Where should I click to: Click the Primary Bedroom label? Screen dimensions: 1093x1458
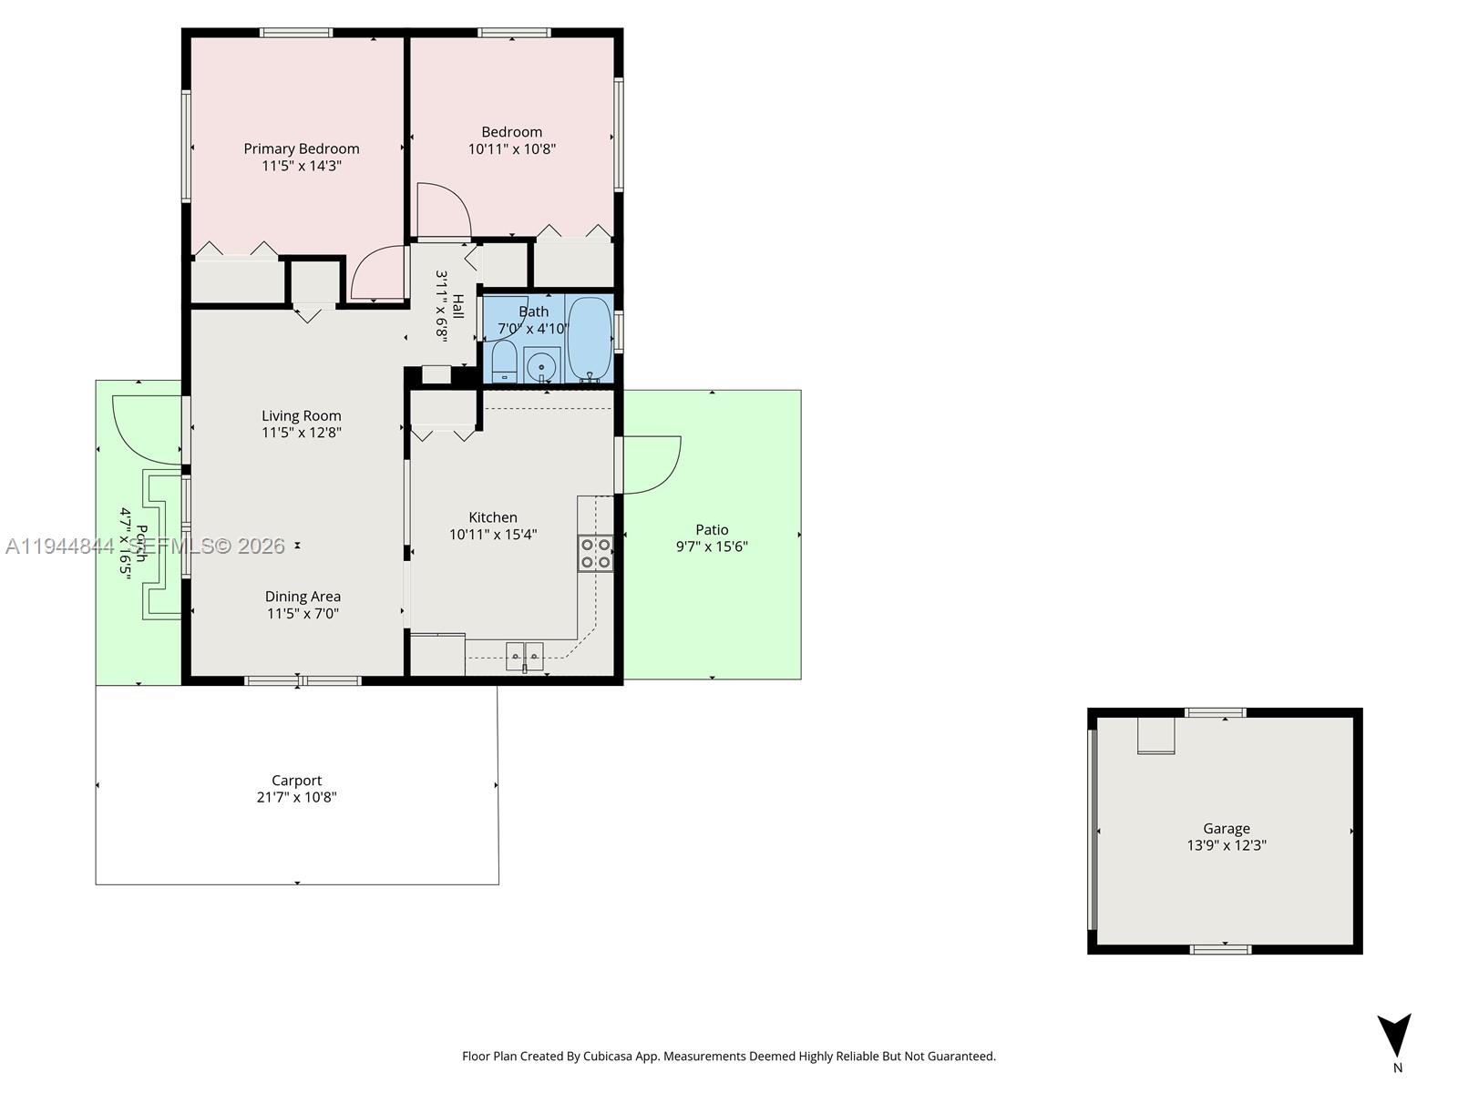pyautogui.click(x=301, y=148)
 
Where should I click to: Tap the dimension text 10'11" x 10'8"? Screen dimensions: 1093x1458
pyautogui.click(x=511, y=149)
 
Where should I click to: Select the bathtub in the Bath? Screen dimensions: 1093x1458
pyautogui.click(x=590, y=338)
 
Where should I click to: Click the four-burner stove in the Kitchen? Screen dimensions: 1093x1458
pyautogui.click(x=595, y=553)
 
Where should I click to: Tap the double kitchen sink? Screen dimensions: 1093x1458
pyautogui.click(x=524, y=655)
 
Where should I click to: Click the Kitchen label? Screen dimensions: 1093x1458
pyautogui.click(x=492, y=517)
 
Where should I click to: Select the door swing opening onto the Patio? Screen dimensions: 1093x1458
pyautogui.click(x=651, y=465)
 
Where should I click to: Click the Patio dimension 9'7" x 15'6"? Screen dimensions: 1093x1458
pyautogui.click(x=712, y=546)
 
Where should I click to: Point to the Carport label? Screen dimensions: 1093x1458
pyautogui.click(x=296, y=781)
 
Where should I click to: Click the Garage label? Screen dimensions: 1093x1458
pyautogui.click(x=1226, y=829)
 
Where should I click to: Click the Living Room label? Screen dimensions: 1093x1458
pyautogui.click(x=301, y=416)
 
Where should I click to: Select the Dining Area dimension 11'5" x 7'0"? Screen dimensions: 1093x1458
pyautogui.click(x=303, y=614)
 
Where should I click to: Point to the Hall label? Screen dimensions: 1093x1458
pyautogui.click(x=458, y=306)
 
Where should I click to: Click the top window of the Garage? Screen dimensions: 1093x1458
pyautogui.click(x=1215, y=712)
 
